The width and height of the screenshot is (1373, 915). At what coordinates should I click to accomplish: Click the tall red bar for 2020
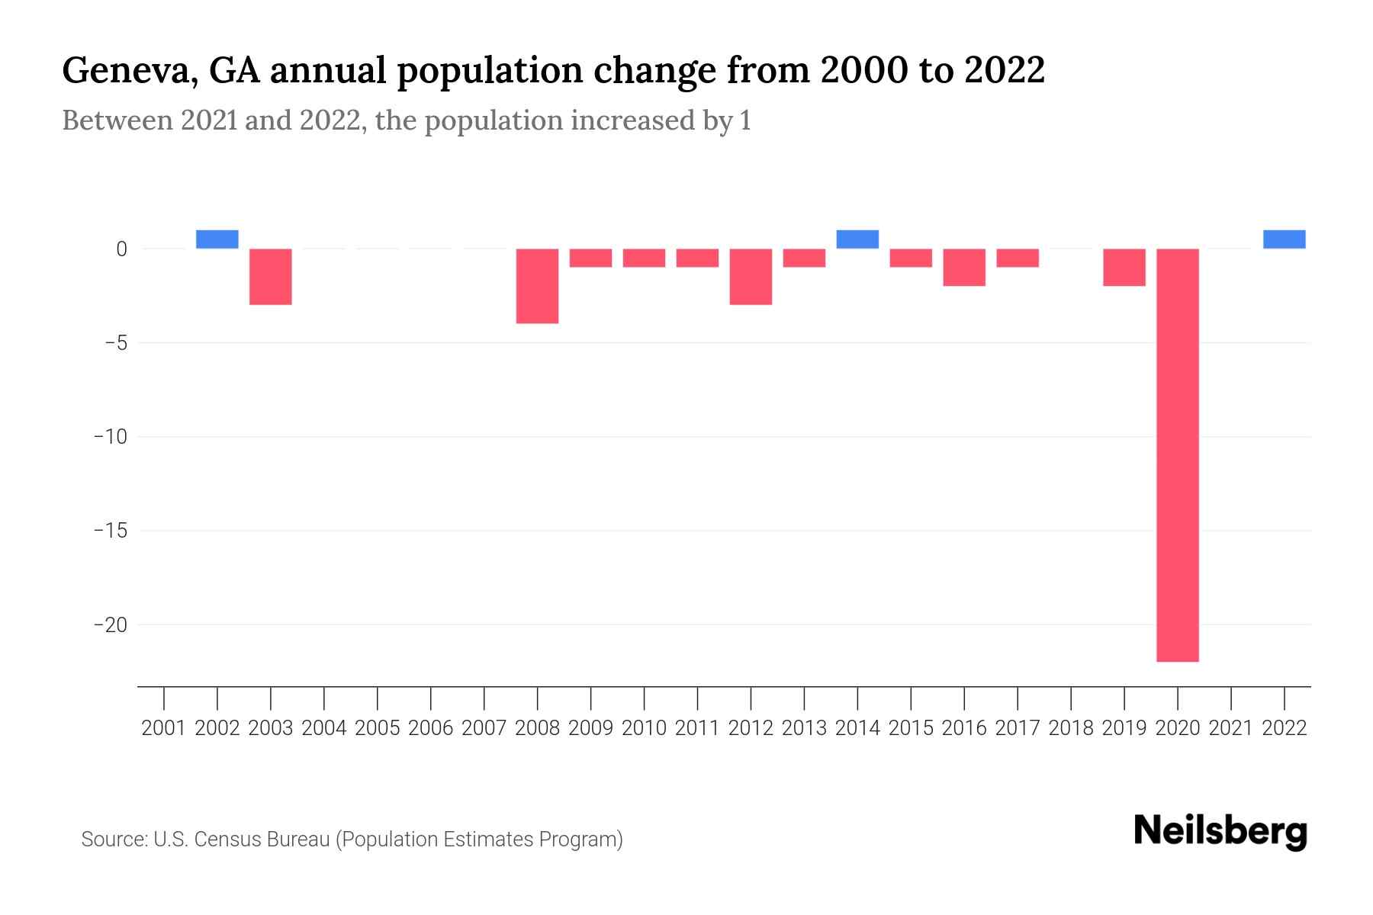tap(1178, 454)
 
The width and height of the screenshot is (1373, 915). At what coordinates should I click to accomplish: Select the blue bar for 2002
tap(217, 239)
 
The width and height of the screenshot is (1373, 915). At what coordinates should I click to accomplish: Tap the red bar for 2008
tap(538, 286)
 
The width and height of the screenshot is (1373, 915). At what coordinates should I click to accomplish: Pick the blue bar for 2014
tap(857, 239)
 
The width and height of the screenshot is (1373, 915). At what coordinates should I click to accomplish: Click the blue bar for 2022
tap(1285, 239)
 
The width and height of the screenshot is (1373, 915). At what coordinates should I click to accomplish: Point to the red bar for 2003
tap(271, 277)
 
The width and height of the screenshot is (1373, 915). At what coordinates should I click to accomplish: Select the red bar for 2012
tap(751, 277)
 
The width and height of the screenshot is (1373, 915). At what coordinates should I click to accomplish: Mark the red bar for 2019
tap(1124, 268)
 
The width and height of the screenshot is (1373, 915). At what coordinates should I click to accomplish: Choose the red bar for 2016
tap(964, 268)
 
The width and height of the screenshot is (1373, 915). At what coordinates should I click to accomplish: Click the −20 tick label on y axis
tap(110, 625)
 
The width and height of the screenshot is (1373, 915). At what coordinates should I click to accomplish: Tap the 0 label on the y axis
tap(121, 249)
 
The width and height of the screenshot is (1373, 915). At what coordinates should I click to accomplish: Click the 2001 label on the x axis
tap(164, 729)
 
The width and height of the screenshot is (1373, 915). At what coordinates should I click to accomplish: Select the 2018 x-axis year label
tap(1071, 729)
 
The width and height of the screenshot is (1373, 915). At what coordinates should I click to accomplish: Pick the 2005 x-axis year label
tap(378, 729)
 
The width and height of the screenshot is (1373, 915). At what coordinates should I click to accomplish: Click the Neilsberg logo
tap(1220, 832)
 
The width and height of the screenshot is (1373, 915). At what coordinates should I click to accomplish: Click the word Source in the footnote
tap(114, 840)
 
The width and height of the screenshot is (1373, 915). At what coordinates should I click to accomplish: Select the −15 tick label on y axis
tap(110, 531)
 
